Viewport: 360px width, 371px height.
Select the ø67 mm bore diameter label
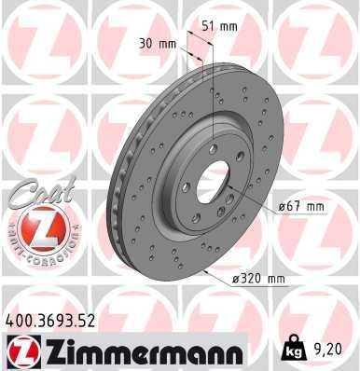click(302, 206)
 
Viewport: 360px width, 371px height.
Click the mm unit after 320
click(276, 277)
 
